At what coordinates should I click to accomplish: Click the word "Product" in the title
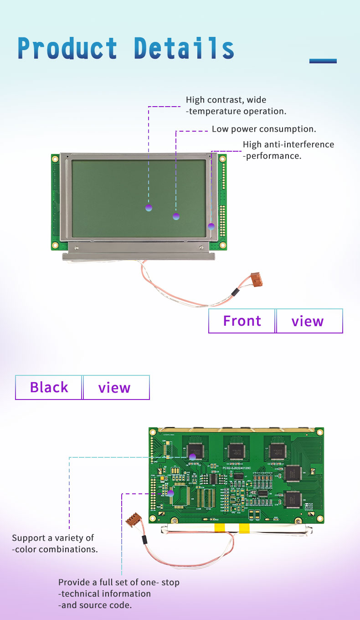point(67,49)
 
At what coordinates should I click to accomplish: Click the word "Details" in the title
point(184,49)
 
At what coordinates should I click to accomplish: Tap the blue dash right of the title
point(323,61)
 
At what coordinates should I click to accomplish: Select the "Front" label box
point(242,321)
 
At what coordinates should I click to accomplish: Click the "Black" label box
point(49,387)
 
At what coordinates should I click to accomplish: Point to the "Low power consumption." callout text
point(264,129)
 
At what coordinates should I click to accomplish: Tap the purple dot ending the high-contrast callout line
point(149,208)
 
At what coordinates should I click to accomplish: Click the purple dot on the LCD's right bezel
point(211,226)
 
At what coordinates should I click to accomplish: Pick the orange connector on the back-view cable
point(133,519)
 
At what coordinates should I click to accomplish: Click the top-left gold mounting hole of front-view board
point(55,159)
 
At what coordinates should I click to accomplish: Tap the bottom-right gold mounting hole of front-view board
point(222,245)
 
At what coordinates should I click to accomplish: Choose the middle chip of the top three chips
point(237,450)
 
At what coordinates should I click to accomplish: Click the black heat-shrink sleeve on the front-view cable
point(235,292)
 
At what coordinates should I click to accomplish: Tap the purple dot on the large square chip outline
point(171,493)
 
